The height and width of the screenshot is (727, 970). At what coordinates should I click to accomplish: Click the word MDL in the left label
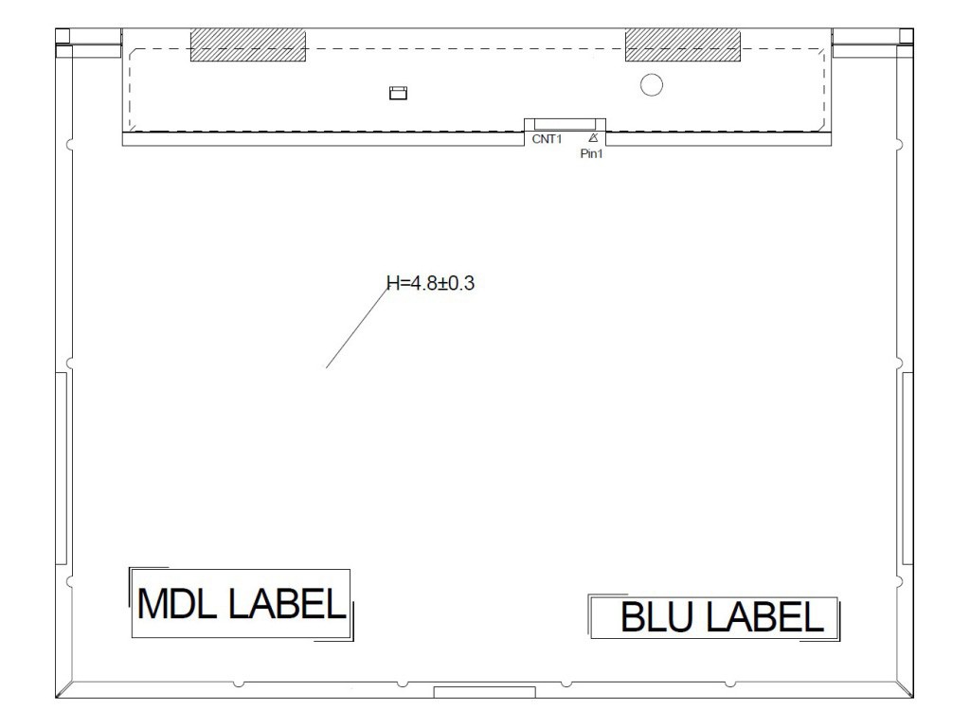pos(177,604)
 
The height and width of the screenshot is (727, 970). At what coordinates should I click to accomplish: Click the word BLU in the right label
pos(656,617)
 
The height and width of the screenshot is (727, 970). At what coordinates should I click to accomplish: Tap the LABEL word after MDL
pos(287,604)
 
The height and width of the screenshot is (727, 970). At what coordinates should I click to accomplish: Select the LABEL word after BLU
pos(764,617)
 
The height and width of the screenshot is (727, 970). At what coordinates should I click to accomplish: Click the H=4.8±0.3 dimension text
pos(431,283)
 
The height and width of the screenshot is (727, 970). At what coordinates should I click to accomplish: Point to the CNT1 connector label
pos(547,139)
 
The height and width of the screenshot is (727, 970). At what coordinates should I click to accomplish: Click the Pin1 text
pos(591,154)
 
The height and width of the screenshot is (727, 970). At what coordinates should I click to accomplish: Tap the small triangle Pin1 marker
pos(593,138)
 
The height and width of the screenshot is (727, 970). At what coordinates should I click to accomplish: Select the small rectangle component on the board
pos(399,93)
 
